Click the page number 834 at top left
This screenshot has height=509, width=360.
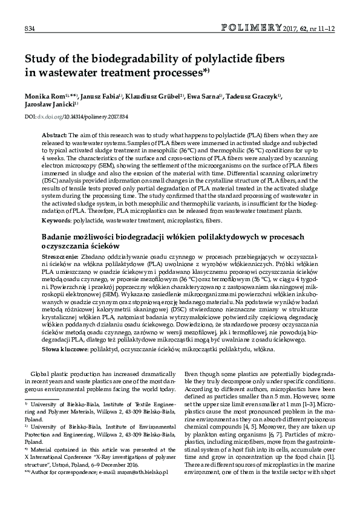(28, 28)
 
